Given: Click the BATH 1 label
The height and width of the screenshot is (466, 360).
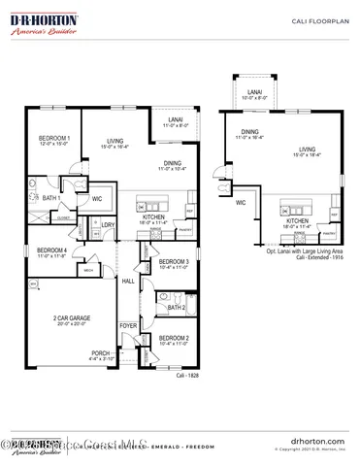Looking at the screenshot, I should [x=51, y=198].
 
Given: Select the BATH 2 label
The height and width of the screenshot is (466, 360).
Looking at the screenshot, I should [x=176, y=308].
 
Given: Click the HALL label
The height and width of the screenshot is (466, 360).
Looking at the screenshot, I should [x=128, y=281].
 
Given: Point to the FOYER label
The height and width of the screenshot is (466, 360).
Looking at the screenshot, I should [x=128, y=326].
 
